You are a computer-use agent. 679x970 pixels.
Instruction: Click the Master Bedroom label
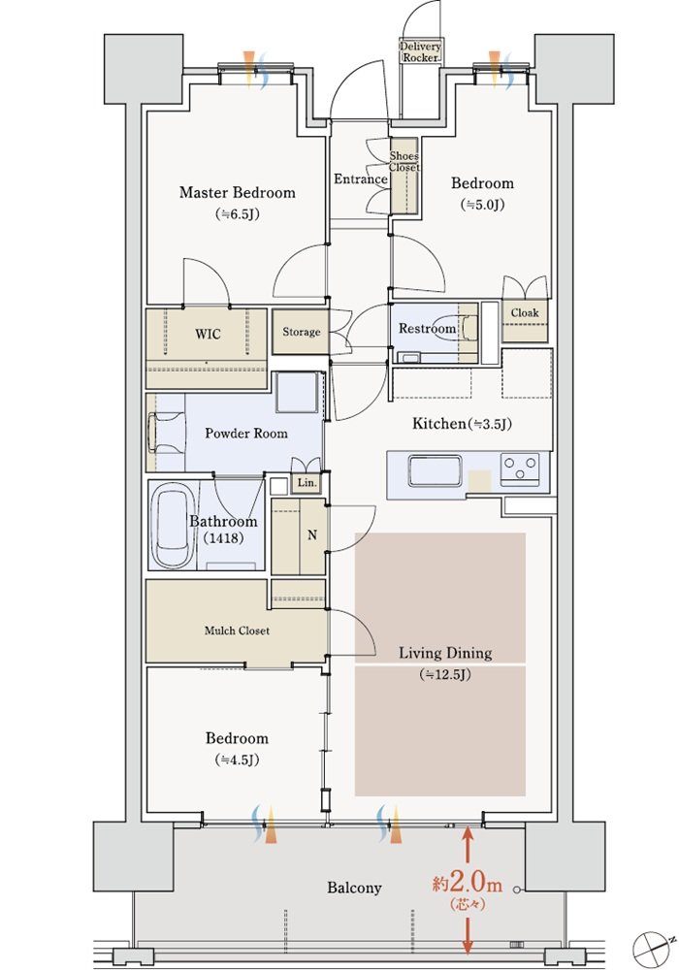[237, 192]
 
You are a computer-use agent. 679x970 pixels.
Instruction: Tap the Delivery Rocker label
[421, 52]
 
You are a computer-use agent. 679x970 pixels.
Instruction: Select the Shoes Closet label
[404, 161]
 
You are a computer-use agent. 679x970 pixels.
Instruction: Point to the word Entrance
[361, 178]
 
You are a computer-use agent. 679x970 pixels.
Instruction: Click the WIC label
[208, 334]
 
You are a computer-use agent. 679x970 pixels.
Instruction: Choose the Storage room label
[301, 332]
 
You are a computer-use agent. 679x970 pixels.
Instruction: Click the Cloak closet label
[525, 312]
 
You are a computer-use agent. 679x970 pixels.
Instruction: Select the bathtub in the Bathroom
[174, 525]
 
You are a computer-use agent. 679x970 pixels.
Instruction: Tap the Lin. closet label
[307, 482]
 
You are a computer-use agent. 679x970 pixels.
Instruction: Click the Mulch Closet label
[237, 630]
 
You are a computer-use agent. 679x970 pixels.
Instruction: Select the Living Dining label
[445, 653]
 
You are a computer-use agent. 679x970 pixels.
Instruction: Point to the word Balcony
[354, 889]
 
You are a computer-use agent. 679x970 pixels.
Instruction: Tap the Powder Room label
[246, 433]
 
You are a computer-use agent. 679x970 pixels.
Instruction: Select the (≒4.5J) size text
[237, 760]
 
